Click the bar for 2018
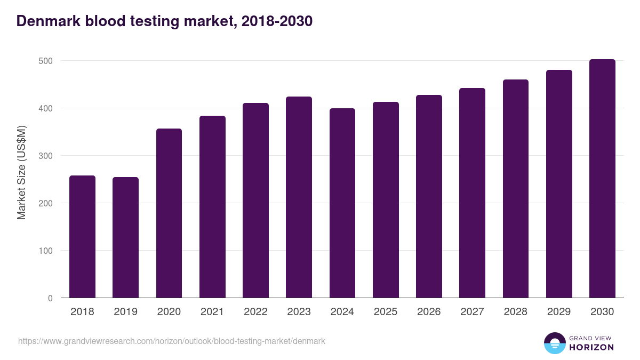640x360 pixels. tap(82, 237)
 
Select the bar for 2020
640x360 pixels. tap(169, 213)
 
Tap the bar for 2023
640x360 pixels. tap(299, 197)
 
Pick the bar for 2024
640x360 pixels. tap(342, 203)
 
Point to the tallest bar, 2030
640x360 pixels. tap(602, 179)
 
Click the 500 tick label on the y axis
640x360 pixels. tap(46, 61)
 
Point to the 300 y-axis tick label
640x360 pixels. tap(46, 156)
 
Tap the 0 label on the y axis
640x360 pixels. tap(50, 298)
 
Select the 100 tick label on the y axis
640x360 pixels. tap(46, 251)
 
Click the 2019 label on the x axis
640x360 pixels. tap(125, 312)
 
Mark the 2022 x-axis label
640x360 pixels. tap(255, 312)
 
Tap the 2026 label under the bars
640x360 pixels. tap(429, 312)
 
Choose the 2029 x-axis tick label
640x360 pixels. tap(559, 312)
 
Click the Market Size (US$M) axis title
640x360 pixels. tap(21, 173)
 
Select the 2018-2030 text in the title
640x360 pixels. tap(276, 21)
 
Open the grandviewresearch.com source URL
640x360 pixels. tap(171, 341)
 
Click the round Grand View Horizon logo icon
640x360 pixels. tap(554, 343)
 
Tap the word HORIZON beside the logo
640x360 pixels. tap(591, 347)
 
